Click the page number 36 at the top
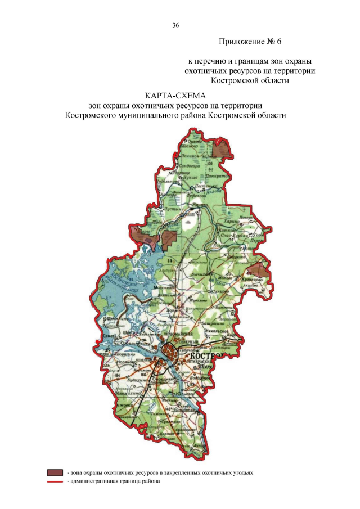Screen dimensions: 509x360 pyautogui.click(x=175, y=25)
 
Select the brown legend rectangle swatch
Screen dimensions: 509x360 pyautogui.click(x=55, y=473)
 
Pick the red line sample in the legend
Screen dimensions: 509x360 pyautogui.click(x=55, y=481)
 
